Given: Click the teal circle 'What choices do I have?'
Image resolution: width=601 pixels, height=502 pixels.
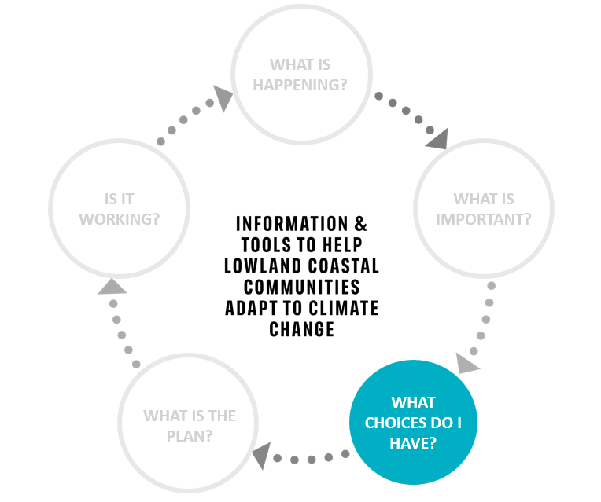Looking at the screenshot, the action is [413, 423].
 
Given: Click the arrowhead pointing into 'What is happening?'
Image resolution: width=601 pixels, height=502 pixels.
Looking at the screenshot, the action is [223, 97].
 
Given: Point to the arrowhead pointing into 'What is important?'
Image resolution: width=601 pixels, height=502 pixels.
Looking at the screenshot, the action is [438, 139].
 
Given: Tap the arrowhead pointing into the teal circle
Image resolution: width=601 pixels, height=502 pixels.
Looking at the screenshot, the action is [466, 363].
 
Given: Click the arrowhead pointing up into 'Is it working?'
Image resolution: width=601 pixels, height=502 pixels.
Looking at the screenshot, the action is [112, 287].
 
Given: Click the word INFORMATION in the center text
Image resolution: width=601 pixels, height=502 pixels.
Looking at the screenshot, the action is [292, 224].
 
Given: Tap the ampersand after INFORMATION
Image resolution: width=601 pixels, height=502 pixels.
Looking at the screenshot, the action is [360, 224].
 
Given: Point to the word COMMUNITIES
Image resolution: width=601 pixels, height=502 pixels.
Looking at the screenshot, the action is [301, 288].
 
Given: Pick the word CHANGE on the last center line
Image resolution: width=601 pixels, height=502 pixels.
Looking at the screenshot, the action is [301, 329].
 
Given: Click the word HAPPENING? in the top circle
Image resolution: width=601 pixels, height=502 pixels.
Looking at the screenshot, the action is [300, 85].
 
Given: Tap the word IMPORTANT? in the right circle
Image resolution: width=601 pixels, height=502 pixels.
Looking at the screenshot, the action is [484, 219].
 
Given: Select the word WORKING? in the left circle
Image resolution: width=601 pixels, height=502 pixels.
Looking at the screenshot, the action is [120, 219].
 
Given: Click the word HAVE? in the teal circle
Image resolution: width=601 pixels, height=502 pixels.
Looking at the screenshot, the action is [413, 443].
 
